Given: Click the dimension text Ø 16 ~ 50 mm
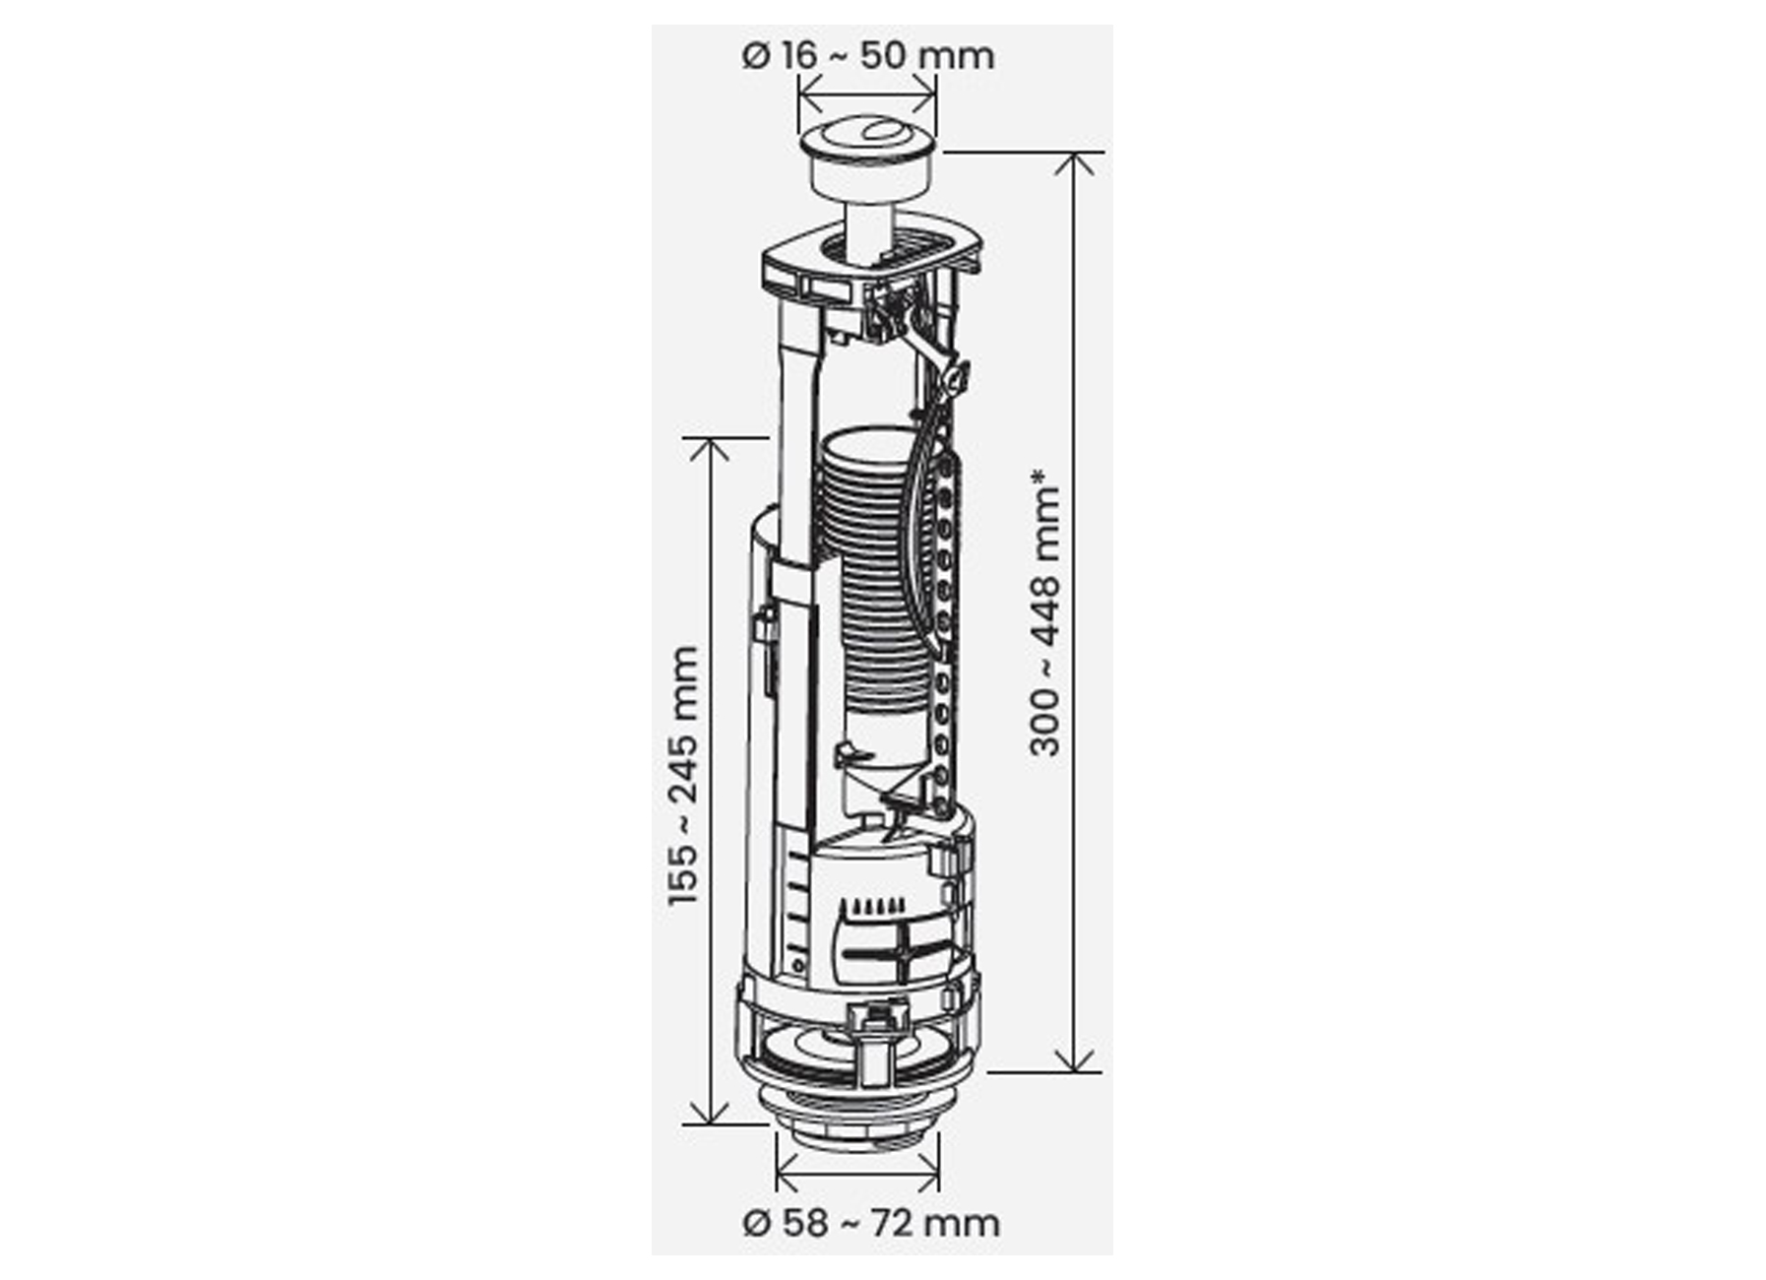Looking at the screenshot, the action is coord(867,55).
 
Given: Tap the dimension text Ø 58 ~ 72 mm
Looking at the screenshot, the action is coord(871,1223).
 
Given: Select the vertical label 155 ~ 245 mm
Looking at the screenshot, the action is coord(682,776).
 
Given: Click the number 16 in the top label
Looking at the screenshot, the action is coord(798,55).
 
